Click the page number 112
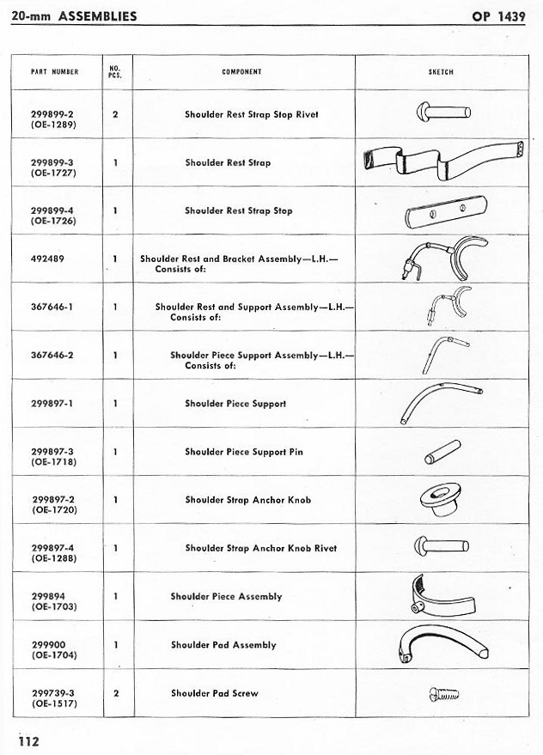click(x=28, y=740)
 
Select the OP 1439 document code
click(x=498, y=16)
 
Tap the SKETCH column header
click(x=441, y=72)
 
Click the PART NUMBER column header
click(x=54, y=72)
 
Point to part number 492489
click(x=47, y=259)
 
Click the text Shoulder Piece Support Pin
click(x=244, y=452)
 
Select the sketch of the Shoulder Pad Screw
click(x=443, y=694)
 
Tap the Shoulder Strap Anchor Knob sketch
click(x=440, y=499)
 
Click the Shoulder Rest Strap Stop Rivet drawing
click(x=443, y=113)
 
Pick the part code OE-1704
click(x=54, y=655)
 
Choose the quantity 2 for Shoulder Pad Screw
click(x=116, y=693)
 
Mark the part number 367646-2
click(x=52, y=356)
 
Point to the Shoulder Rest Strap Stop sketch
click(x=446, y=212)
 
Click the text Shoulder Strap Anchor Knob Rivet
click(x=261, y=548)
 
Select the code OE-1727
click(x=53, y=173)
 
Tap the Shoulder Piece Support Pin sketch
click(x=442, y=452)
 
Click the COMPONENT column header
click(x=242, y=72)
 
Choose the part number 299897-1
click(x=52, y=404)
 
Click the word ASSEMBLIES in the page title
click(x=97, y=16)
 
